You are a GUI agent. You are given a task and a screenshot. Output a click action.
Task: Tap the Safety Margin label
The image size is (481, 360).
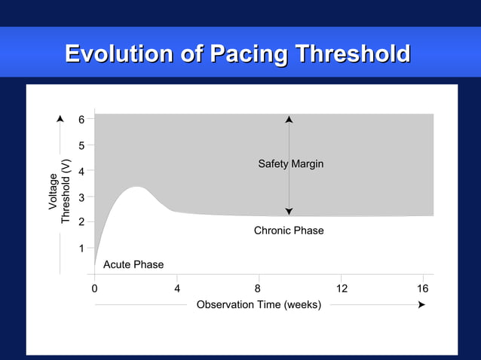click(x=290, y=164)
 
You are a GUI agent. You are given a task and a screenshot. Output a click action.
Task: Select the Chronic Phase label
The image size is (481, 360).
click(x=289, y=230)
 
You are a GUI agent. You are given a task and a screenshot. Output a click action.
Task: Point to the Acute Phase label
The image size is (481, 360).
click(x=133, y=264)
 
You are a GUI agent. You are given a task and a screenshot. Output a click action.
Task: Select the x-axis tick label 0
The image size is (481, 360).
click(x=94, y=288)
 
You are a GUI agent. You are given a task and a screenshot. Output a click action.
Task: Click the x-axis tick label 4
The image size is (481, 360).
click(x=177, y=288)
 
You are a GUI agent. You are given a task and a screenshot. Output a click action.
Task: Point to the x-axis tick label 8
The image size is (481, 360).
click(x=258, y=288)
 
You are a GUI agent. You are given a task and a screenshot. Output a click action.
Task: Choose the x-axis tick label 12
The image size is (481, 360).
click(x=342, y=288)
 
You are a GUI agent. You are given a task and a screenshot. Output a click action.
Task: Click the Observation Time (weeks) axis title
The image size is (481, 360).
click(x=259, y=305)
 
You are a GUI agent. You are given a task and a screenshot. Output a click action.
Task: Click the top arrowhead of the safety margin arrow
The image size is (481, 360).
click(x=289, y=119)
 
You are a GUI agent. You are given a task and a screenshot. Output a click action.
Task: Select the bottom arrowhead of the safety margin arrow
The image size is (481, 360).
click(x=289, y=212)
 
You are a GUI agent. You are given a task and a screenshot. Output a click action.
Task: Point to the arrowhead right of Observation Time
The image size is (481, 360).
click(x=421, y=305)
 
